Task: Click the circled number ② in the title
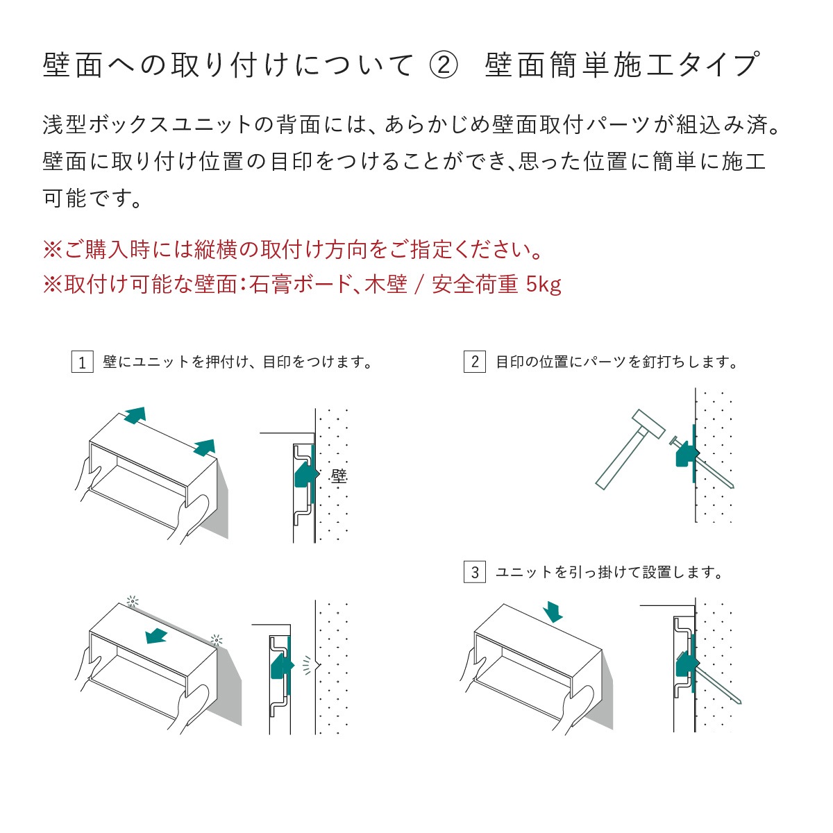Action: point(444,65)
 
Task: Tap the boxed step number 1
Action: point(82,362)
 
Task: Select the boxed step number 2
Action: point(474,362)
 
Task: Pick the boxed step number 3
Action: point(474,573)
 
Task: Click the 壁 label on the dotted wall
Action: point(338,476)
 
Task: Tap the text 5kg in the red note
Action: point(544,284)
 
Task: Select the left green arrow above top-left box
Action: point(135,415)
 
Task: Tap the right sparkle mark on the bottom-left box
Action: point(217,640)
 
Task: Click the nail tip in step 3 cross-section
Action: point(742,702)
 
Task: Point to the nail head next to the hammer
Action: point(673,441)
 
